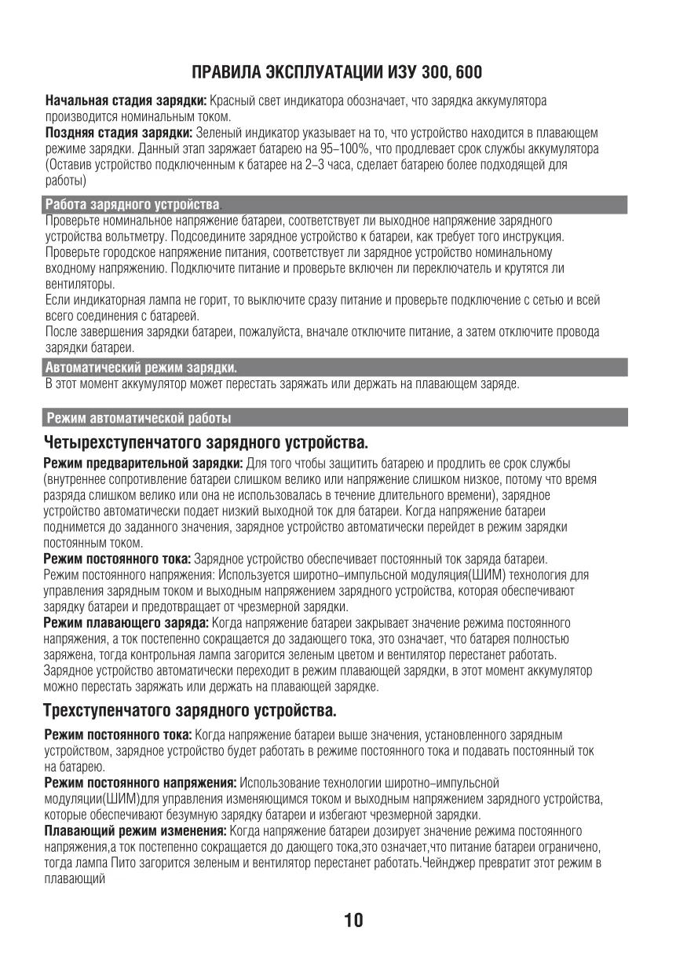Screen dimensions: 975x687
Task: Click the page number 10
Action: pyautogui.click(x=353, y=920)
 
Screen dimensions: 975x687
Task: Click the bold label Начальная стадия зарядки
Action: pyautogui.click(x=126, y=102)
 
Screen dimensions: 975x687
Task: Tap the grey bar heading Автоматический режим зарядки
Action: pyautogui.click(x=141, y=367)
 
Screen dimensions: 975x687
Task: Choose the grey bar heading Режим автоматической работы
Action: pyautogui.click(x=139, y=416)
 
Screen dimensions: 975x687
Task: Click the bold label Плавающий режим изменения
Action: pyautogui.click(x=135, y=830)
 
